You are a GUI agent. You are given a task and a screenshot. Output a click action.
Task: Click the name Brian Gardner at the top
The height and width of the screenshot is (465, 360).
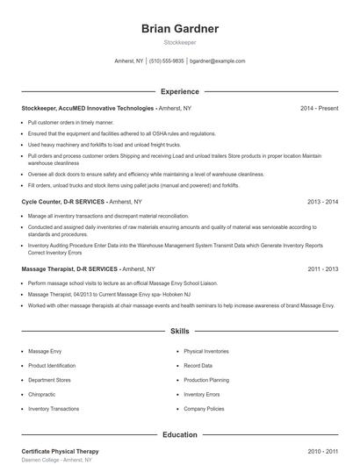coord(180,29)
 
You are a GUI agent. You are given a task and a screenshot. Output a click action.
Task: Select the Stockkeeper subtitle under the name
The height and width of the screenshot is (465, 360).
coord(180,42)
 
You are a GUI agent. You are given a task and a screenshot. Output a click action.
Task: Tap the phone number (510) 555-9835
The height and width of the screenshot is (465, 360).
coord(167,61)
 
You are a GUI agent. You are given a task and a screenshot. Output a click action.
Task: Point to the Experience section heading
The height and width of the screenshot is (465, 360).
coord(180,91)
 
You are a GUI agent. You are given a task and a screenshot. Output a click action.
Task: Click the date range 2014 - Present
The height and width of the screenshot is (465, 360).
coord(319,108)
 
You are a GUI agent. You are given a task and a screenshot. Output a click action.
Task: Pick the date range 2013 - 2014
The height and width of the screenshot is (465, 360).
coord(322,201)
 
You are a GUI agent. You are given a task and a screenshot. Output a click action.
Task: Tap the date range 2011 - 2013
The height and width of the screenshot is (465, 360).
coord(322,270)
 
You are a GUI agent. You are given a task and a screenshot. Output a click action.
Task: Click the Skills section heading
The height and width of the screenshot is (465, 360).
coord(180,332)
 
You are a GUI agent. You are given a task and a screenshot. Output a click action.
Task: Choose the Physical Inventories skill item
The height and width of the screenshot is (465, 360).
coord(207,351)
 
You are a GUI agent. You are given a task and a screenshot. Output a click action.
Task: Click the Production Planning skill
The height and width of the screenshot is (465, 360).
coord(206,380)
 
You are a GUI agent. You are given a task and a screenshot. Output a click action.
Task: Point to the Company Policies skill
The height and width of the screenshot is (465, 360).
coord(204,409)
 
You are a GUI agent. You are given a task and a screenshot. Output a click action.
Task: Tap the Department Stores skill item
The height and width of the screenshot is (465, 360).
coord(49,380)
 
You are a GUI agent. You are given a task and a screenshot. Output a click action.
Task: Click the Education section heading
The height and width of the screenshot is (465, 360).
coord(180,434)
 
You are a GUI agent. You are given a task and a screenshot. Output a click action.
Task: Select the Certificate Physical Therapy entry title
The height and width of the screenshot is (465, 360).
coord(60,451)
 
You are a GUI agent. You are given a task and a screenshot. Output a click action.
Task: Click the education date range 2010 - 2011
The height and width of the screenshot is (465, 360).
coord(322,451)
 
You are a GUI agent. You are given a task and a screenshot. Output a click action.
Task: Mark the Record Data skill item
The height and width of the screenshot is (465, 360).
coord(198,366)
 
